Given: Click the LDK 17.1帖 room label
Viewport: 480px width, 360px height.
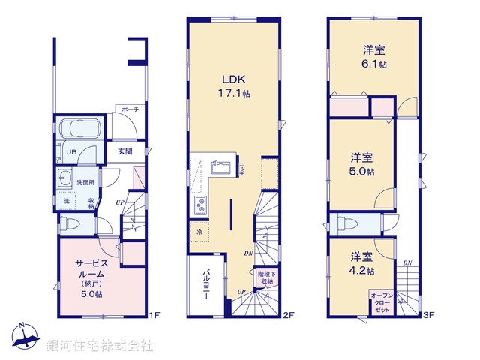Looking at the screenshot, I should pyautogui.click(x=234, y=84).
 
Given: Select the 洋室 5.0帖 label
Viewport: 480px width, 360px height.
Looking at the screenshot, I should pyautogui.click(x=362, y=163).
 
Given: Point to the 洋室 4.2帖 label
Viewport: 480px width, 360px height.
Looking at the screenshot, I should pyautogui.click(x=362, y=262).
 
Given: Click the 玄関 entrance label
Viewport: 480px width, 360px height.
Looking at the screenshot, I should pyautogui.click(x=124, y=151).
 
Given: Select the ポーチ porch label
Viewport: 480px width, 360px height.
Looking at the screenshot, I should pyautogui.click(x=130, y=109).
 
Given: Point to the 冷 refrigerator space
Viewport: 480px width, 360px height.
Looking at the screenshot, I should pyautogui.click(x=199, y=232).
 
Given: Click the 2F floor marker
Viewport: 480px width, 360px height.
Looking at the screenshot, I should pyautogui.click(x=286, y=316).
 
